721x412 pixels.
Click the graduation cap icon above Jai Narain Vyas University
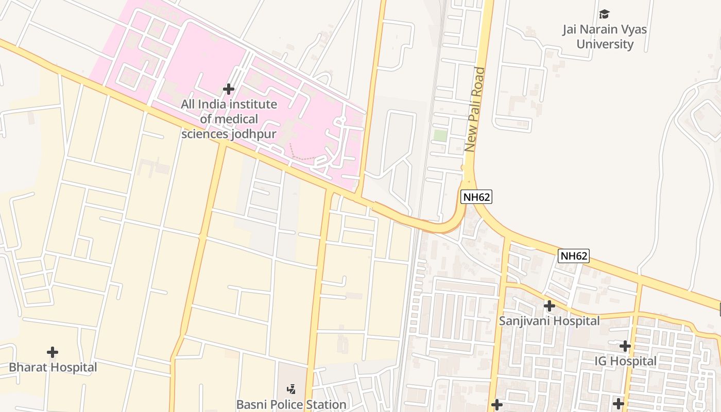point(604,14)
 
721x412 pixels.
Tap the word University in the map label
point(605,44)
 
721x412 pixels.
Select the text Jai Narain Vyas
point(605,29)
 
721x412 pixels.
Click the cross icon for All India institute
point(228,89)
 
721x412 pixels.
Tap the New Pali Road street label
point(475,109)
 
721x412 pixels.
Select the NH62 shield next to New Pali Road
point(476,196)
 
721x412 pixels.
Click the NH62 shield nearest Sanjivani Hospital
point(574,256)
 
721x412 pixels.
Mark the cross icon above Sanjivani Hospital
point(550,306)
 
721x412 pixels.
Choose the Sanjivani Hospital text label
point(550,321)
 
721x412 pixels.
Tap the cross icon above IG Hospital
point(625,346)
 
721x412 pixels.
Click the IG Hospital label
point(625,361)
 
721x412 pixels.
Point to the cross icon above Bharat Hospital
point(52,352)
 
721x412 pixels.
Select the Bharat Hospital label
point(53,367)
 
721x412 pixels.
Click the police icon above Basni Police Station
point(291,389)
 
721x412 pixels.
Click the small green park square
point(440,136)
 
